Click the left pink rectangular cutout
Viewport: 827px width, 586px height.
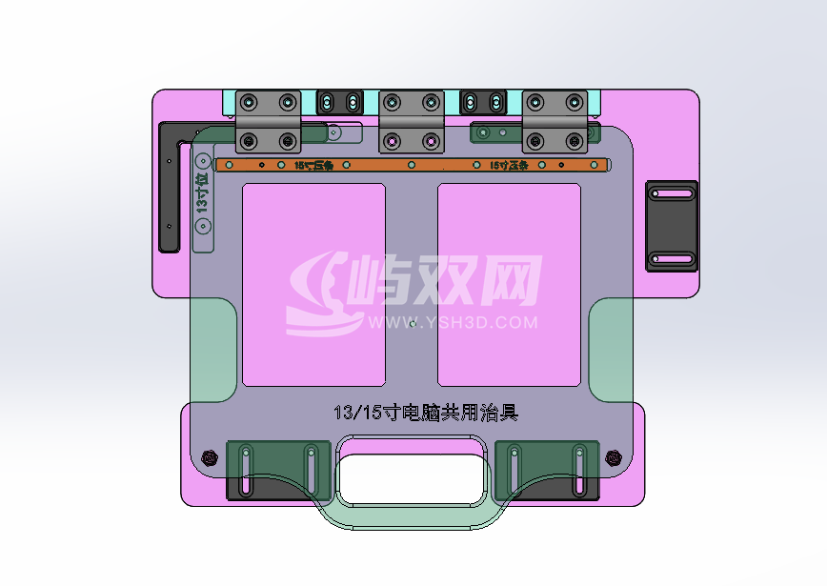313,285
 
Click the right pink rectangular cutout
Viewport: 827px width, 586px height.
509,285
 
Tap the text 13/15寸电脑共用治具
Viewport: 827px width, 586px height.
426,413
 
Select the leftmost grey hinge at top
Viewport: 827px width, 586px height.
268,121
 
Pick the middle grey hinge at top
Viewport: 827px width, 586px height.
412,121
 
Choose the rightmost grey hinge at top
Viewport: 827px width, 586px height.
555,121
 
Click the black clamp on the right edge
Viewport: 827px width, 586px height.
673,226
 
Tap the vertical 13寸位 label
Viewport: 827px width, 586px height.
202,195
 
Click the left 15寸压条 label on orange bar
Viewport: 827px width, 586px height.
313,166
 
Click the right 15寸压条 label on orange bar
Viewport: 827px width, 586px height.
509,166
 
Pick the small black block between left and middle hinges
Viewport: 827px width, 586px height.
340,101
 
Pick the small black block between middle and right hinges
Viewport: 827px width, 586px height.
482,101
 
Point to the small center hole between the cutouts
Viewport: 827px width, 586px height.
412,324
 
